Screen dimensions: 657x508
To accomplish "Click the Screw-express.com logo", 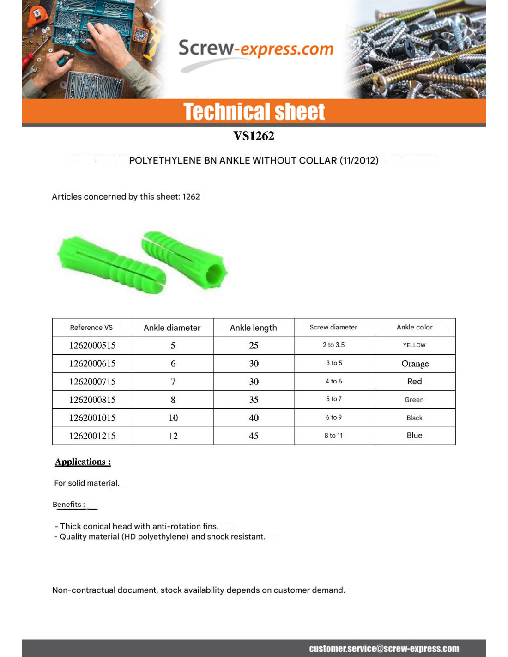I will coord(255,49).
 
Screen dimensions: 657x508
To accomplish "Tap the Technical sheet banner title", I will coord(254,112).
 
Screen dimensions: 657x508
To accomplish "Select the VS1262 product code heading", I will coord(254,136).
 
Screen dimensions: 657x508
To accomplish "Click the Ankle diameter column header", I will coord(172,328).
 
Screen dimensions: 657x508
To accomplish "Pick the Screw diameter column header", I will coord(333,327).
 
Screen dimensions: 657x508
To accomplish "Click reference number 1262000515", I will coord(92,346).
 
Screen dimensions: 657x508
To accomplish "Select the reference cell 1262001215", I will coord(92,436).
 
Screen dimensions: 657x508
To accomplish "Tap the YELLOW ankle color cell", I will coord(414,345).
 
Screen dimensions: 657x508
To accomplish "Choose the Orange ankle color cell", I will coord(415,364).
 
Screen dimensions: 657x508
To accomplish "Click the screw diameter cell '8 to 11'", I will coord(333,436).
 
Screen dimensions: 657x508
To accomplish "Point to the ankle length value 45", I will coord(254,436).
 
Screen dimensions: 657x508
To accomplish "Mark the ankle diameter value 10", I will coord(173,418).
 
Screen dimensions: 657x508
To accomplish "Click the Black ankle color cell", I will coord(414,418).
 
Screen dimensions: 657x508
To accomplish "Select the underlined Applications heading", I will coord(83,462).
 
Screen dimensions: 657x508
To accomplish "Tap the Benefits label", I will coord(69,505).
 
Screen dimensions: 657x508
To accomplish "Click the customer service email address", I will coord(384,649).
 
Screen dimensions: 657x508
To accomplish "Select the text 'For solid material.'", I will coord(87,483).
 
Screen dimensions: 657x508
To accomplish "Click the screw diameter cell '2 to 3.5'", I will coord(333,345).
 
